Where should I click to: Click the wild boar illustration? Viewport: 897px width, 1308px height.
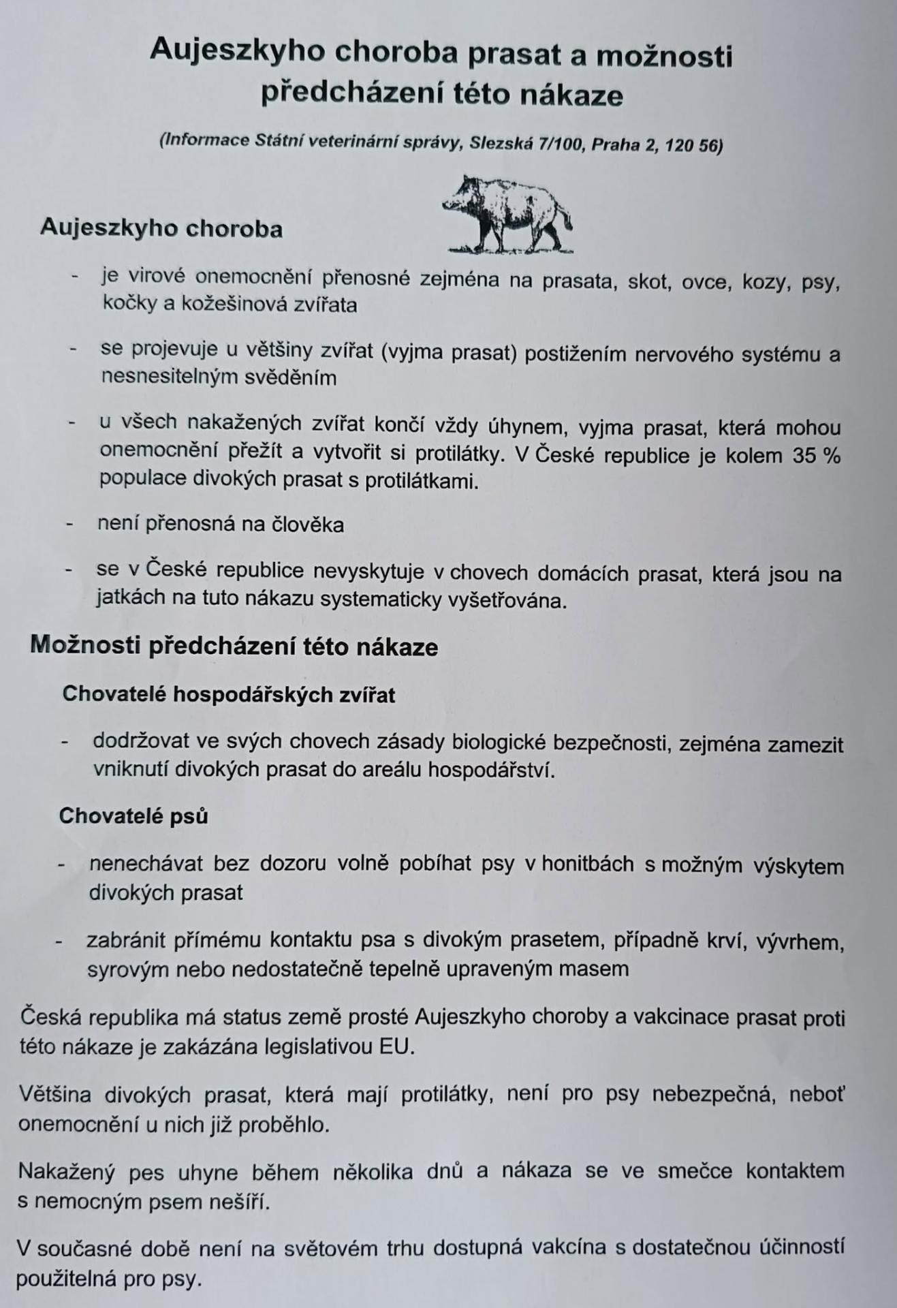[507, 215]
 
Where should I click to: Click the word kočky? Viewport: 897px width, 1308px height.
[130, 304]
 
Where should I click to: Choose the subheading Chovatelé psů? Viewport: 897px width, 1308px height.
[133, 815]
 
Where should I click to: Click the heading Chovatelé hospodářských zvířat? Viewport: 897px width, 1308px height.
[229, 694]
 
